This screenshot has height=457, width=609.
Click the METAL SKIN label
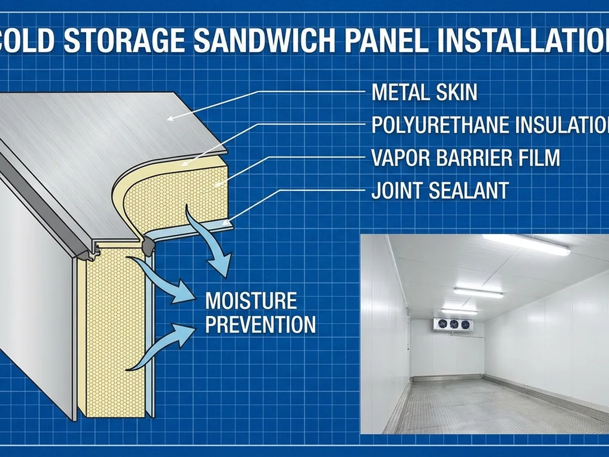coord(424,92)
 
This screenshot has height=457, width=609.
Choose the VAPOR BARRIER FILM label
coord(465,158)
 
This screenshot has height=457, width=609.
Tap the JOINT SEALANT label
coord(439,190)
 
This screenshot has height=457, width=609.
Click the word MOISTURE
coord(251,301)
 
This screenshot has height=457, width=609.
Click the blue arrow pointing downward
coord(213,249)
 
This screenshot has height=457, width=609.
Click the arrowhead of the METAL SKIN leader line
coord(171,118)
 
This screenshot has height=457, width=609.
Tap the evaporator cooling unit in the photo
coord(453,324)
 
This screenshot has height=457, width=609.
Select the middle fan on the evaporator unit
coord(453,324)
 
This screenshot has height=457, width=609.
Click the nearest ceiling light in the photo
coord(525,244)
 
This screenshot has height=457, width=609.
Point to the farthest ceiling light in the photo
coord(459,311)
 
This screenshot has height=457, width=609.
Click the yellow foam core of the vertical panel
coord(115,330)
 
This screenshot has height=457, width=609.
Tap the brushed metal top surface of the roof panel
coord(101,147)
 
